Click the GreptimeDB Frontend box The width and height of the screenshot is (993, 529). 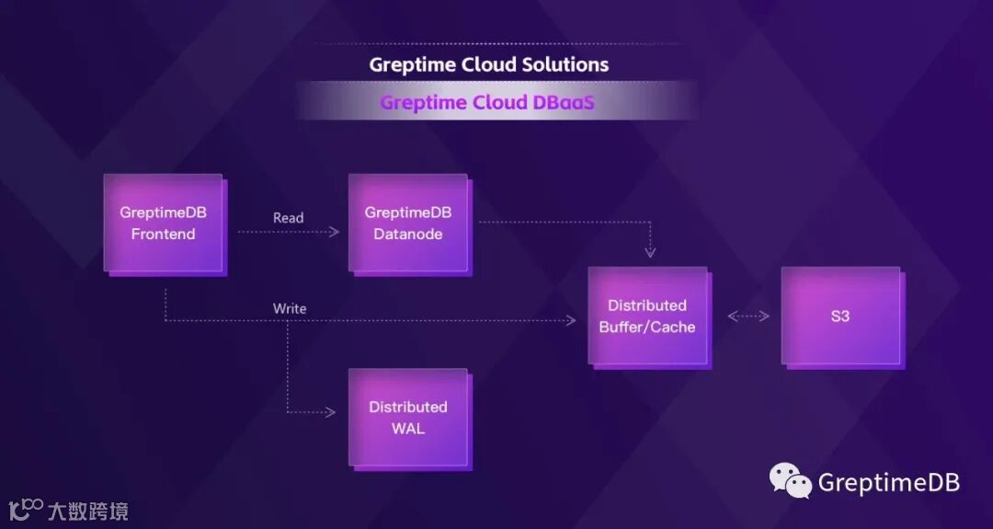point(163,223)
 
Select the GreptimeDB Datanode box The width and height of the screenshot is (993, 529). point(407,223)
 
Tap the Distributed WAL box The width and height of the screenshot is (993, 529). point(407,417)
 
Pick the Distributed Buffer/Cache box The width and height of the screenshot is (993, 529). point(647,316)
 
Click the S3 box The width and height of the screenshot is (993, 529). point(839,316)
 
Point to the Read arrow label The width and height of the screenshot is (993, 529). point(288,218)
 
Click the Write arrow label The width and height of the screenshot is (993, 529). point(290,308)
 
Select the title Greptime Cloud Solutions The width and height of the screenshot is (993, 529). point(488,64)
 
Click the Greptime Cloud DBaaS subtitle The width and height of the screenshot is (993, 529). point(487,102)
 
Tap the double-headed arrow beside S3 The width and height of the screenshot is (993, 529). point(748,316)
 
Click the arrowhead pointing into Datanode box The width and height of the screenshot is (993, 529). point(335,232)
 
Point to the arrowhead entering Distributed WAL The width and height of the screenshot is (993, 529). point(331,412)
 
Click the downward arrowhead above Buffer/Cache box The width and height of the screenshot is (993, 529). point(650,252)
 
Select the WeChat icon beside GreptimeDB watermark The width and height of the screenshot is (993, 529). point(791,480)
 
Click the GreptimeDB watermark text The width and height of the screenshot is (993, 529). point(888,482)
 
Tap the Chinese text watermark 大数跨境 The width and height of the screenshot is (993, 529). point(87,511)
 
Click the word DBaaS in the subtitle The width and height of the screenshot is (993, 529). point(564,102)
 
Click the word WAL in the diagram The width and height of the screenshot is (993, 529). point(408,429)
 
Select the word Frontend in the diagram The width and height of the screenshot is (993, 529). point(163,234)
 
